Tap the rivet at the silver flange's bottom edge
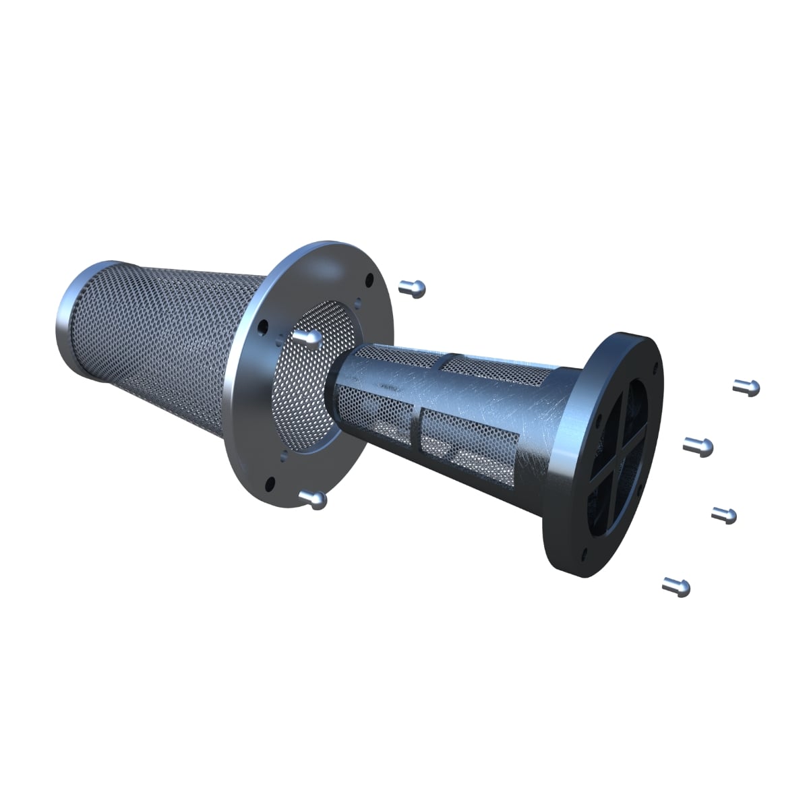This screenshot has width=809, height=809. click(x=315, y=500)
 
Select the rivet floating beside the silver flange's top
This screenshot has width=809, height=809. click(x=413, y=289)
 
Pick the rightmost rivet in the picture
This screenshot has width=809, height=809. click(x=747, y=387)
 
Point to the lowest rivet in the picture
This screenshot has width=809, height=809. click(x=677, y=586)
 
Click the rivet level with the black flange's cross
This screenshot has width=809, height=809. click(x=698, y=445)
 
